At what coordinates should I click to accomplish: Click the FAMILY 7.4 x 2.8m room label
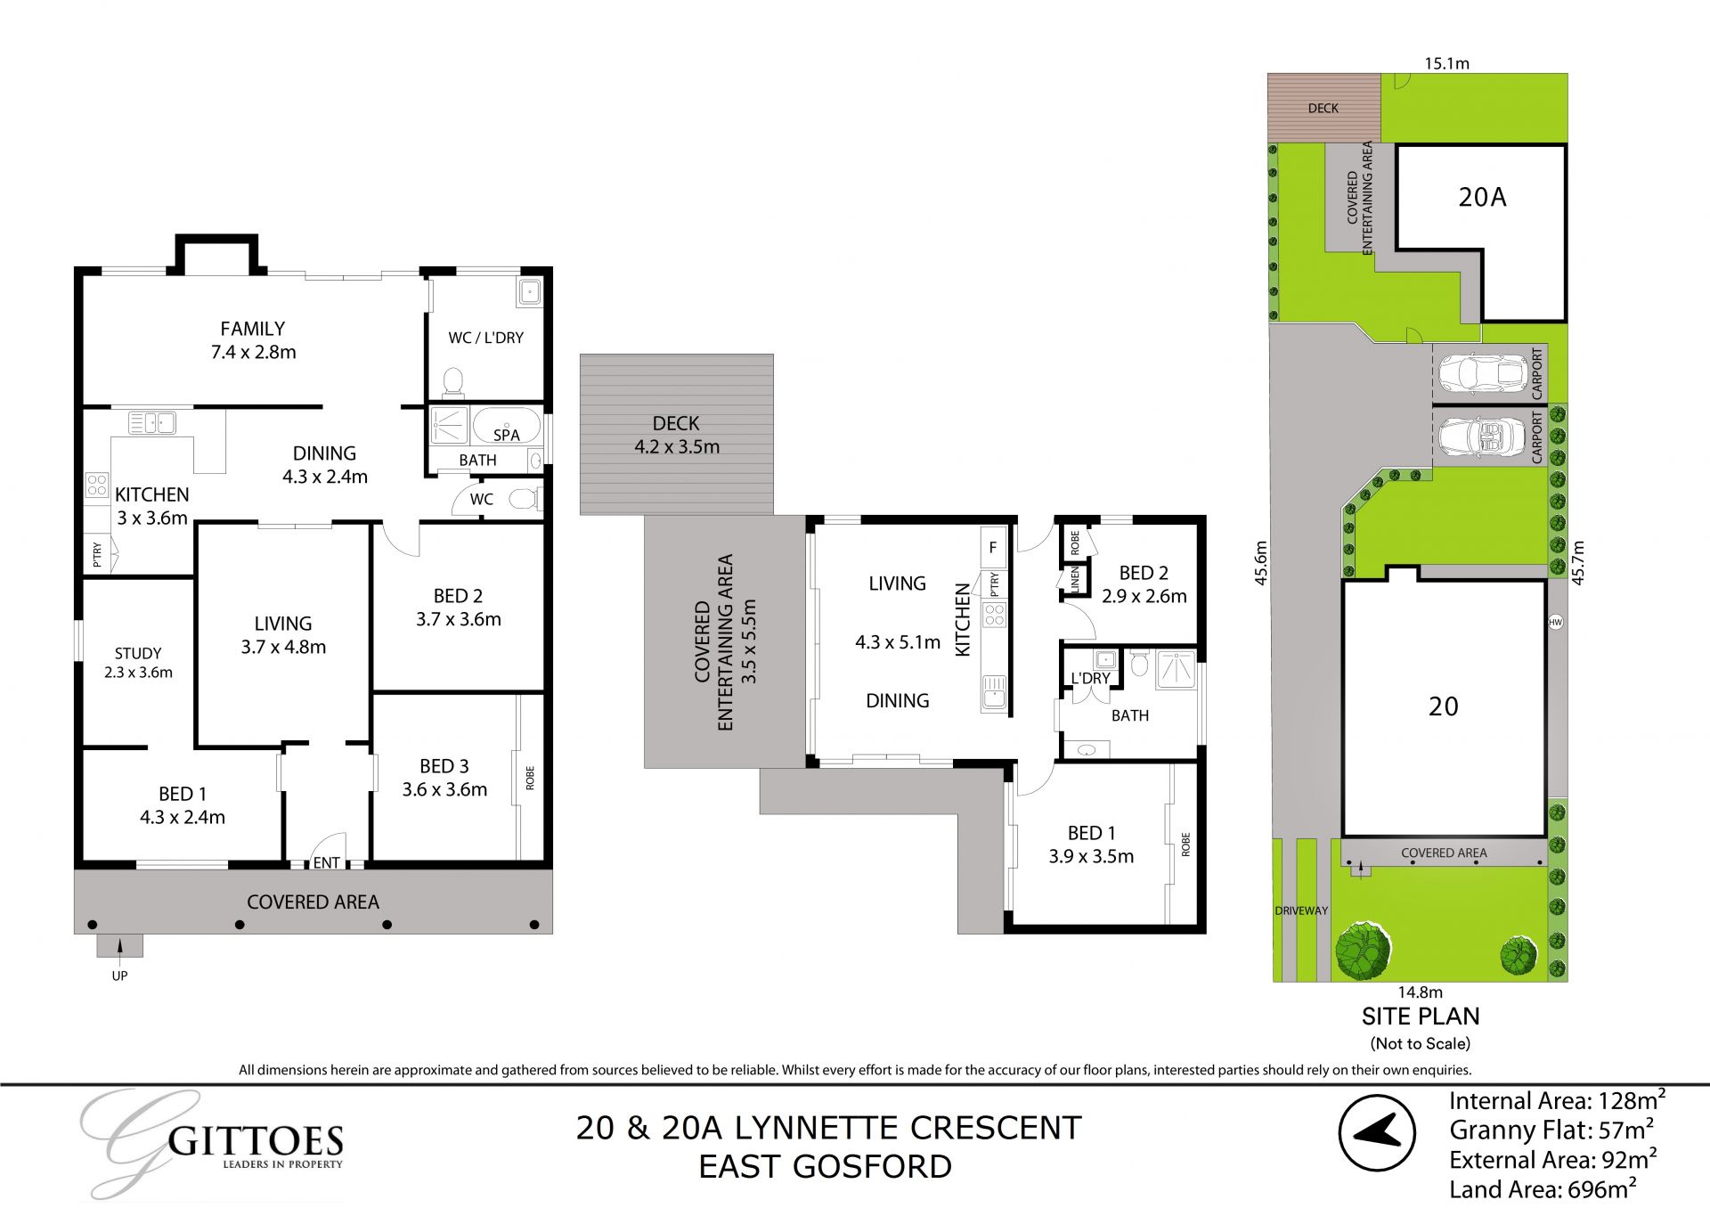click(x=253, y=340)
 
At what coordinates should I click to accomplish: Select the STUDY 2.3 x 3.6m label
click(x=138, y=662)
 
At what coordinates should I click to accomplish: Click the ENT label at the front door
click(x=326, y=862)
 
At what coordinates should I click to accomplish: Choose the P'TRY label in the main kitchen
click(x=97, y=554)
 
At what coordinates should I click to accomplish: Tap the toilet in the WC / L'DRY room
click(x=453, y=383)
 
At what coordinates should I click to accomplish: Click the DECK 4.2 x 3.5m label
click(x=676, y=435)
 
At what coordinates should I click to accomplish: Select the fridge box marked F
click(x=992, y=548)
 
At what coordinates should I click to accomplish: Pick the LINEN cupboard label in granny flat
click(x=1075, y=579)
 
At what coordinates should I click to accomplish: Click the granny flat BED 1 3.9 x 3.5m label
click(x=1091, y=845)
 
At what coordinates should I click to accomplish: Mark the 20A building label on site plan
click(x=1482, y=197)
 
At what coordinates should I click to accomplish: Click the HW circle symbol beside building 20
click(x=1556, y=622)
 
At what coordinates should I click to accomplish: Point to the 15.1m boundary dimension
click(x=1446, y=63)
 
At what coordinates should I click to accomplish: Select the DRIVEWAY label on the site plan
click(x=1301, y=910)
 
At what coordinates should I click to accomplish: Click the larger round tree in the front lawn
click(x=1363, y=950)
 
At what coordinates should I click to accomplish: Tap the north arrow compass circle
click(x=1377, y=1132)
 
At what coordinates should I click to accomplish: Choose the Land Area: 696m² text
click(x=1543, y=1189)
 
